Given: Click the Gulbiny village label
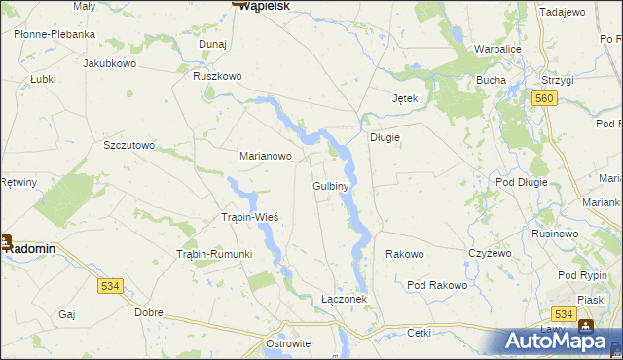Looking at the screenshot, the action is [331, 185].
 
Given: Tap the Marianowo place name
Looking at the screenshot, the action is [266, 155].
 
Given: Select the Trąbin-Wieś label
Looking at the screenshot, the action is [251, 217].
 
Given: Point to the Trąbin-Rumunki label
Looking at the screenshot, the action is [213, 254].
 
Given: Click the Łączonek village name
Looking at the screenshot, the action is [344, 300].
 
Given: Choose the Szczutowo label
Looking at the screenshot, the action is [129, 145].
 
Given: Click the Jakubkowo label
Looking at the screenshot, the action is [109, 63].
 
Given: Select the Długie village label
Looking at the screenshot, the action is [385, 137].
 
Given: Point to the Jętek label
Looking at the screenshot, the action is [404, 99].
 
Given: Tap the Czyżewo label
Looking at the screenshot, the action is [490, 253].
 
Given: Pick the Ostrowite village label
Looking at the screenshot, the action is [288, 344].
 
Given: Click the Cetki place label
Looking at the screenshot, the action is [419, 333].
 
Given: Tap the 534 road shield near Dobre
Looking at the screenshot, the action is [110, 286].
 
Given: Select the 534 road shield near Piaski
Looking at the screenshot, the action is [562, 314].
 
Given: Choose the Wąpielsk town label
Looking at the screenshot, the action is [266, 6].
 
